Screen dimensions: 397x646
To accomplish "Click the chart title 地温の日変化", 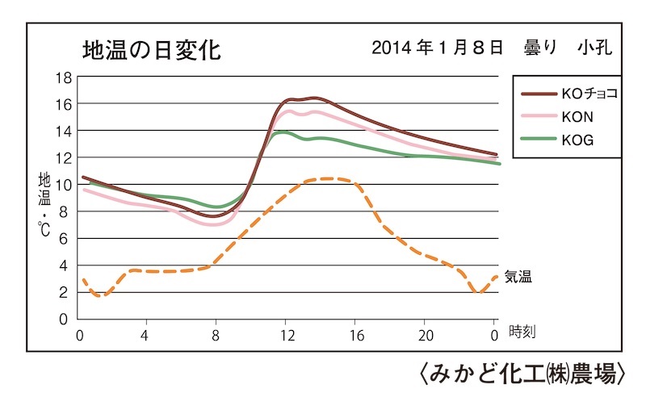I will tap(151, 49).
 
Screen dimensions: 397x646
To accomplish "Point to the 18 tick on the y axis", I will tap(63, 77).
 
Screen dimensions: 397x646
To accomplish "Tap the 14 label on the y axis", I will tap(63, 132).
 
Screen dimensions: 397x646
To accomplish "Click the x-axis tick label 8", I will tap(216, 334).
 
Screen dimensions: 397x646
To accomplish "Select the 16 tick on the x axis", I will tap(357, 334).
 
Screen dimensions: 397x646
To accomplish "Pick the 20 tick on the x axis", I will tap(426, 334).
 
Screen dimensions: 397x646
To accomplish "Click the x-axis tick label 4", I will tap(145, 334).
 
